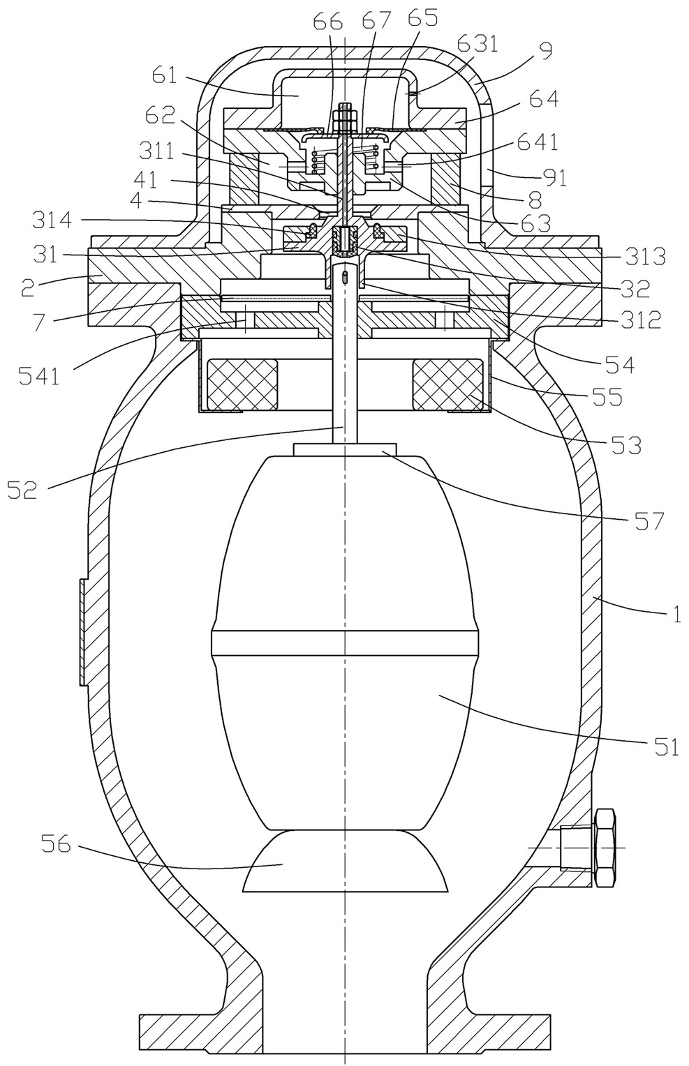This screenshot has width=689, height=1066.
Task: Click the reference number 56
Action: tap(55, 857)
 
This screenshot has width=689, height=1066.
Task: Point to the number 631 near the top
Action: tap(477, 45)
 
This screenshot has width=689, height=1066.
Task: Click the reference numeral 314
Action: tap(52, 220)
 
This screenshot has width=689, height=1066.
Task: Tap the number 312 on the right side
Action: tap(639, 321)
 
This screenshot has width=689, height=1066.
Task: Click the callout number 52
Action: tap(22, 489)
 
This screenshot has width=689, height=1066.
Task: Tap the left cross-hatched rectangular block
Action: tap(242, 384)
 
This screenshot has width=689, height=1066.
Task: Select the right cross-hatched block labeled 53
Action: tap(449, 384)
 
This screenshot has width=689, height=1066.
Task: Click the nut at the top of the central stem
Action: tap(344, 118)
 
